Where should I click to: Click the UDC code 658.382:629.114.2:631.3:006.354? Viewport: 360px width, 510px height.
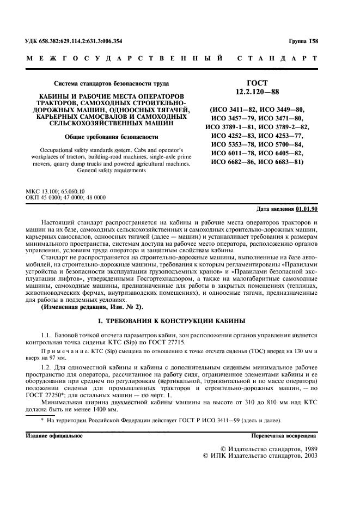pos(81,41)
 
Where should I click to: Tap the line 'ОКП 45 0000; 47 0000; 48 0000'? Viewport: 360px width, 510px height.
pos(66,197)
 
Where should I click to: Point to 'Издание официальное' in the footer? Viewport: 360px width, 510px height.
pos(54,436)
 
